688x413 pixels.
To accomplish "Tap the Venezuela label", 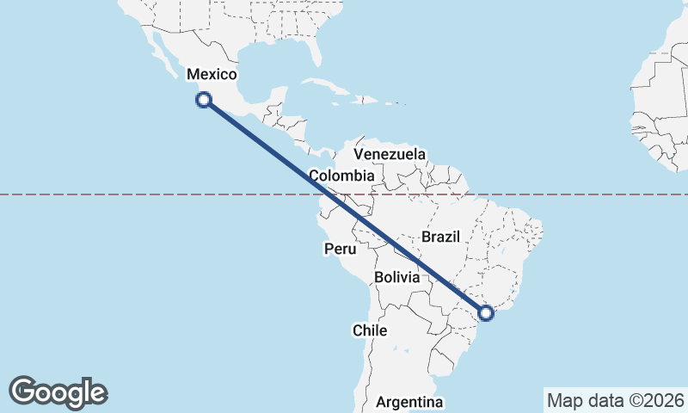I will [x=390, y=154].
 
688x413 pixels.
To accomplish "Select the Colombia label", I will [x=341, y=176].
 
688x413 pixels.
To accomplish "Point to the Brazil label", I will [x=442, y=237].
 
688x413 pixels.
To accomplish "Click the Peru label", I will [x=340, y=250].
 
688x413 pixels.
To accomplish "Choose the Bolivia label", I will [x=397, y=278].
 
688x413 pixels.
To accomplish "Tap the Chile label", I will [x=369, y=330].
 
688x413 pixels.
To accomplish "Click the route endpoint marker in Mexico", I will [x=204, y=100].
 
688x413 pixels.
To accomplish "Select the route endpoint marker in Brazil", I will [x=486, y=312].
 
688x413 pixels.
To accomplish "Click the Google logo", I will [x=58, y=392].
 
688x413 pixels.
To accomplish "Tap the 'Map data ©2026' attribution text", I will [x=616, y=400].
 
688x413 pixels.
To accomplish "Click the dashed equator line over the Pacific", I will [x=129, y=194].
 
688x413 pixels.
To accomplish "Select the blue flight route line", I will [x=344, y=206].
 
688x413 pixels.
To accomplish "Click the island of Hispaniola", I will [x=372, y=100].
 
